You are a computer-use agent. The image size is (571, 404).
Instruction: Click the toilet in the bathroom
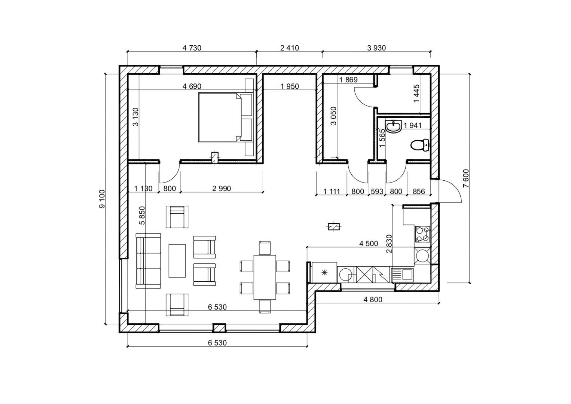[x=420, y=146]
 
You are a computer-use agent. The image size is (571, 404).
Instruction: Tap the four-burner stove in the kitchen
[x=423, y=235]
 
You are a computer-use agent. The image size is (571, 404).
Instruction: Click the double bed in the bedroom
[x=225, y=117]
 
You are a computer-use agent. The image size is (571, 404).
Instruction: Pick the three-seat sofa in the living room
[x=148, y=261]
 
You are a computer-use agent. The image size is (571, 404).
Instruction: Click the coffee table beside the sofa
[x=177, y=261]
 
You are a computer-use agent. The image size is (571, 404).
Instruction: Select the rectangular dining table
[x=265, y=277]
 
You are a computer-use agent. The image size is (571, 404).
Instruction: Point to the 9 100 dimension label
[x=102, y=199]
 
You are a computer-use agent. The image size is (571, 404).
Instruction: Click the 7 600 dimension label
[x=466, y=178]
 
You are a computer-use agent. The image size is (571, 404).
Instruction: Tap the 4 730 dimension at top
[x=192, y=48]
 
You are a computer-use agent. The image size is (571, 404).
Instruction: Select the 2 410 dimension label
[x=290, y=48]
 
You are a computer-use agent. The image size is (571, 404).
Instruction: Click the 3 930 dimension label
[x=376, y=48]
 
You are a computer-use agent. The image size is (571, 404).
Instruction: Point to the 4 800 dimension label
[x=373, y=300]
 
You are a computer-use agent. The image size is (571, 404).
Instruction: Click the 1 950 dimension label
[x=290, y=86]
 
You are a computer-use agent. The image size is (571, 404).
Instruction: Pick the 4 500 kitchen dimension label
[x=369, y=244]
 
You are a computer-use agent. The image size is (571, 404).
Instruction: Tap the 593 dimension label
[x=377, y=192]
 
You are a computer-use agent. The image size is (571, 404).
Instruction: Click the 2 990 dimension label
[x=222, y=189]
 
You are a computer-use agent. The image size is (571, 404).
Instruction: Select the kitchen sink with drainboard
[x=403, y=275]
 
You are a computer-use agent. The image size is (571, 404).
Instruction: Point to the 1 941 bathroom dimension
[x=413, y=125]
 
